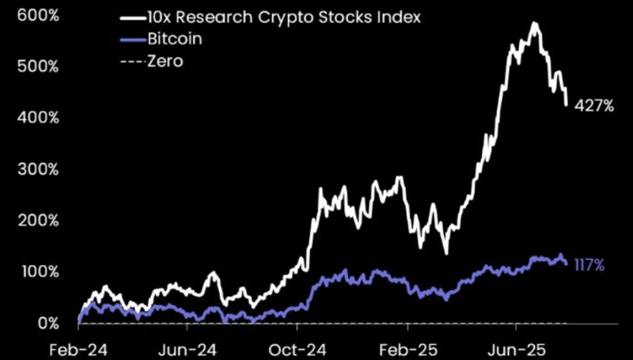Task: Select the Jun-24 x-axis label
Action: (188, 348)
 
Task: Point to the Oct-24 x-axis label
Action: (297, 348)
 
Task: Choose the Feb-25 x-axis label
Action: (407, 348)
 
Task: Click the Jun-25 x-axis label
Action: (515, 348)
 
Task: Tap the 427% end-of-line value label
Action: (595, 104)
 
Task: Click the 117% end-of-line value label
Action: (588, 266)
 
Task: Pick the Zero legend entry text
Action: (165, 60)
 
